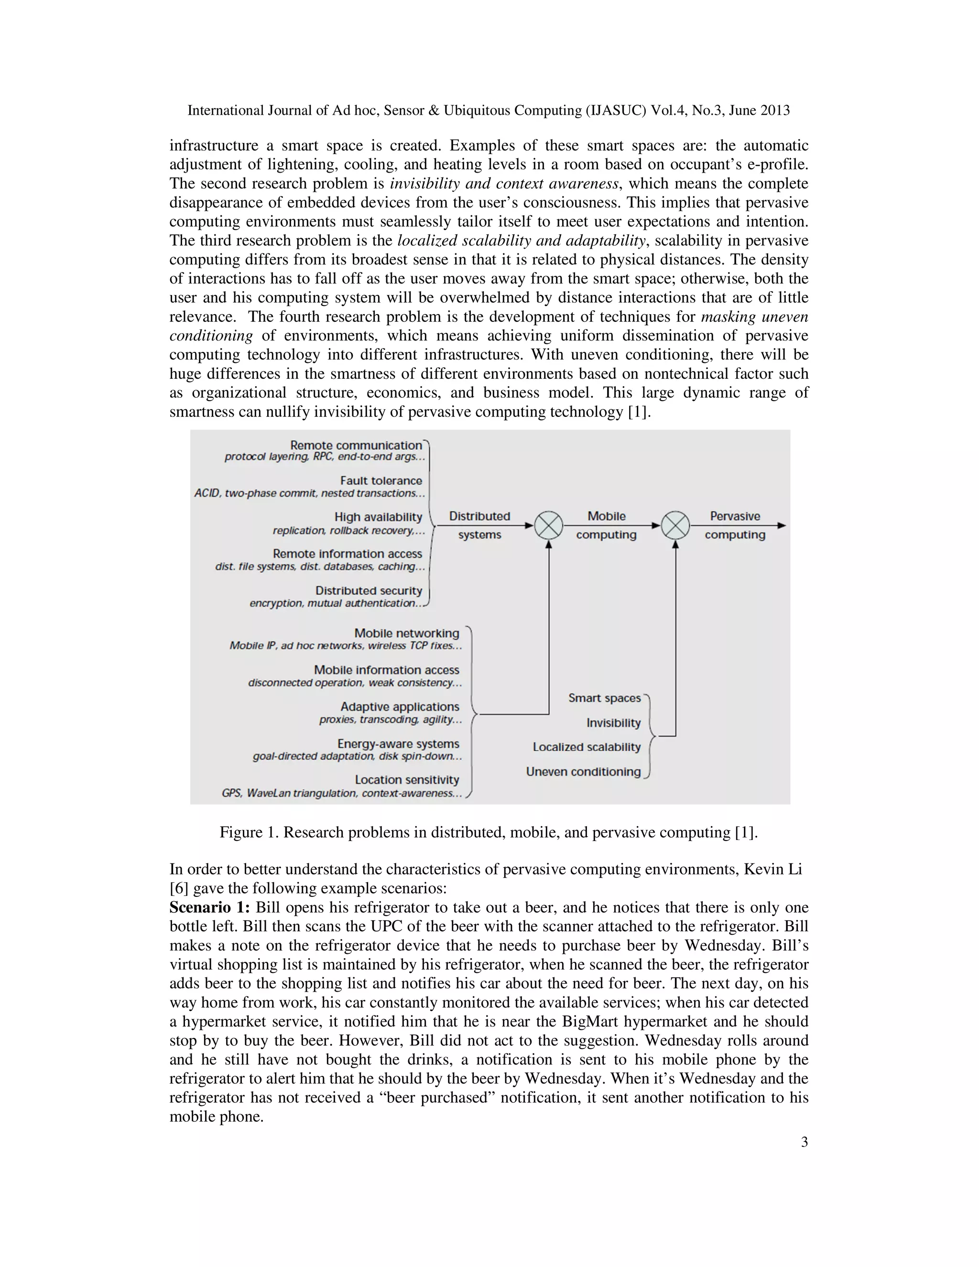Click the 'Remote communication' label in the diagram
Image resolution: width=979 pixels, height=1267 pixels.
(356, 445)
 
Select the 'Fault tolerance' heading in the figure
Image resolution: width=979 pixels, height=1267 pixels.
(381, 481)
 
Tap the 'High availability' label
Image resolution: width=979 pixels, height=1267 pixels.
(378, 517)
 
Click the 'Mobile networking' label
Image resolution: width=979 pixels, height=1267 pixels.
(407, 633)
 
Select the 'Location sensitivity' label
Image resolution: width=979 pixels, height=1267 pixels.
(407, 780)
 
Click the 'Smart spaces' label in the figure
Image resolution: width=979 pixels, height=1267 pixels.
(604, 698)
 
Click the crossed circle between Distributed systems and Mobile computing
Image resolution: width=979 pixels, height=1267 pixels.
(548, 525)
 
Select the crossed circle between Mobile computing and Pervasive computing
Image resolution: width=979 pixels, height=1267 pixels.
(675, 525)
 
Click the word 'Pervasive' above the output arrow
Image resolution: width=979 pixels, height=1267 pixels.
(735, 516)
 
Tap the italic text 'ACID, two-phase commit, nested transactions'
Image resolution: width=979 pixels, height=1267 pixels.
(309, 493)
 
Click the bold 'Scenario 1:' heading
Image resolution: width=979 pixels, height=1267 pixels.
(209, 907)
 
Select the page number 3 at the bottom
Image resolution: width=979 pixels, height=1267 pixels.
(804, 1142)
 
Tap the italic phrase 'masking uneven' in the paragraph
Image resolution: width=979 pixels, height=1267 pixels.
(754, 317)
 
